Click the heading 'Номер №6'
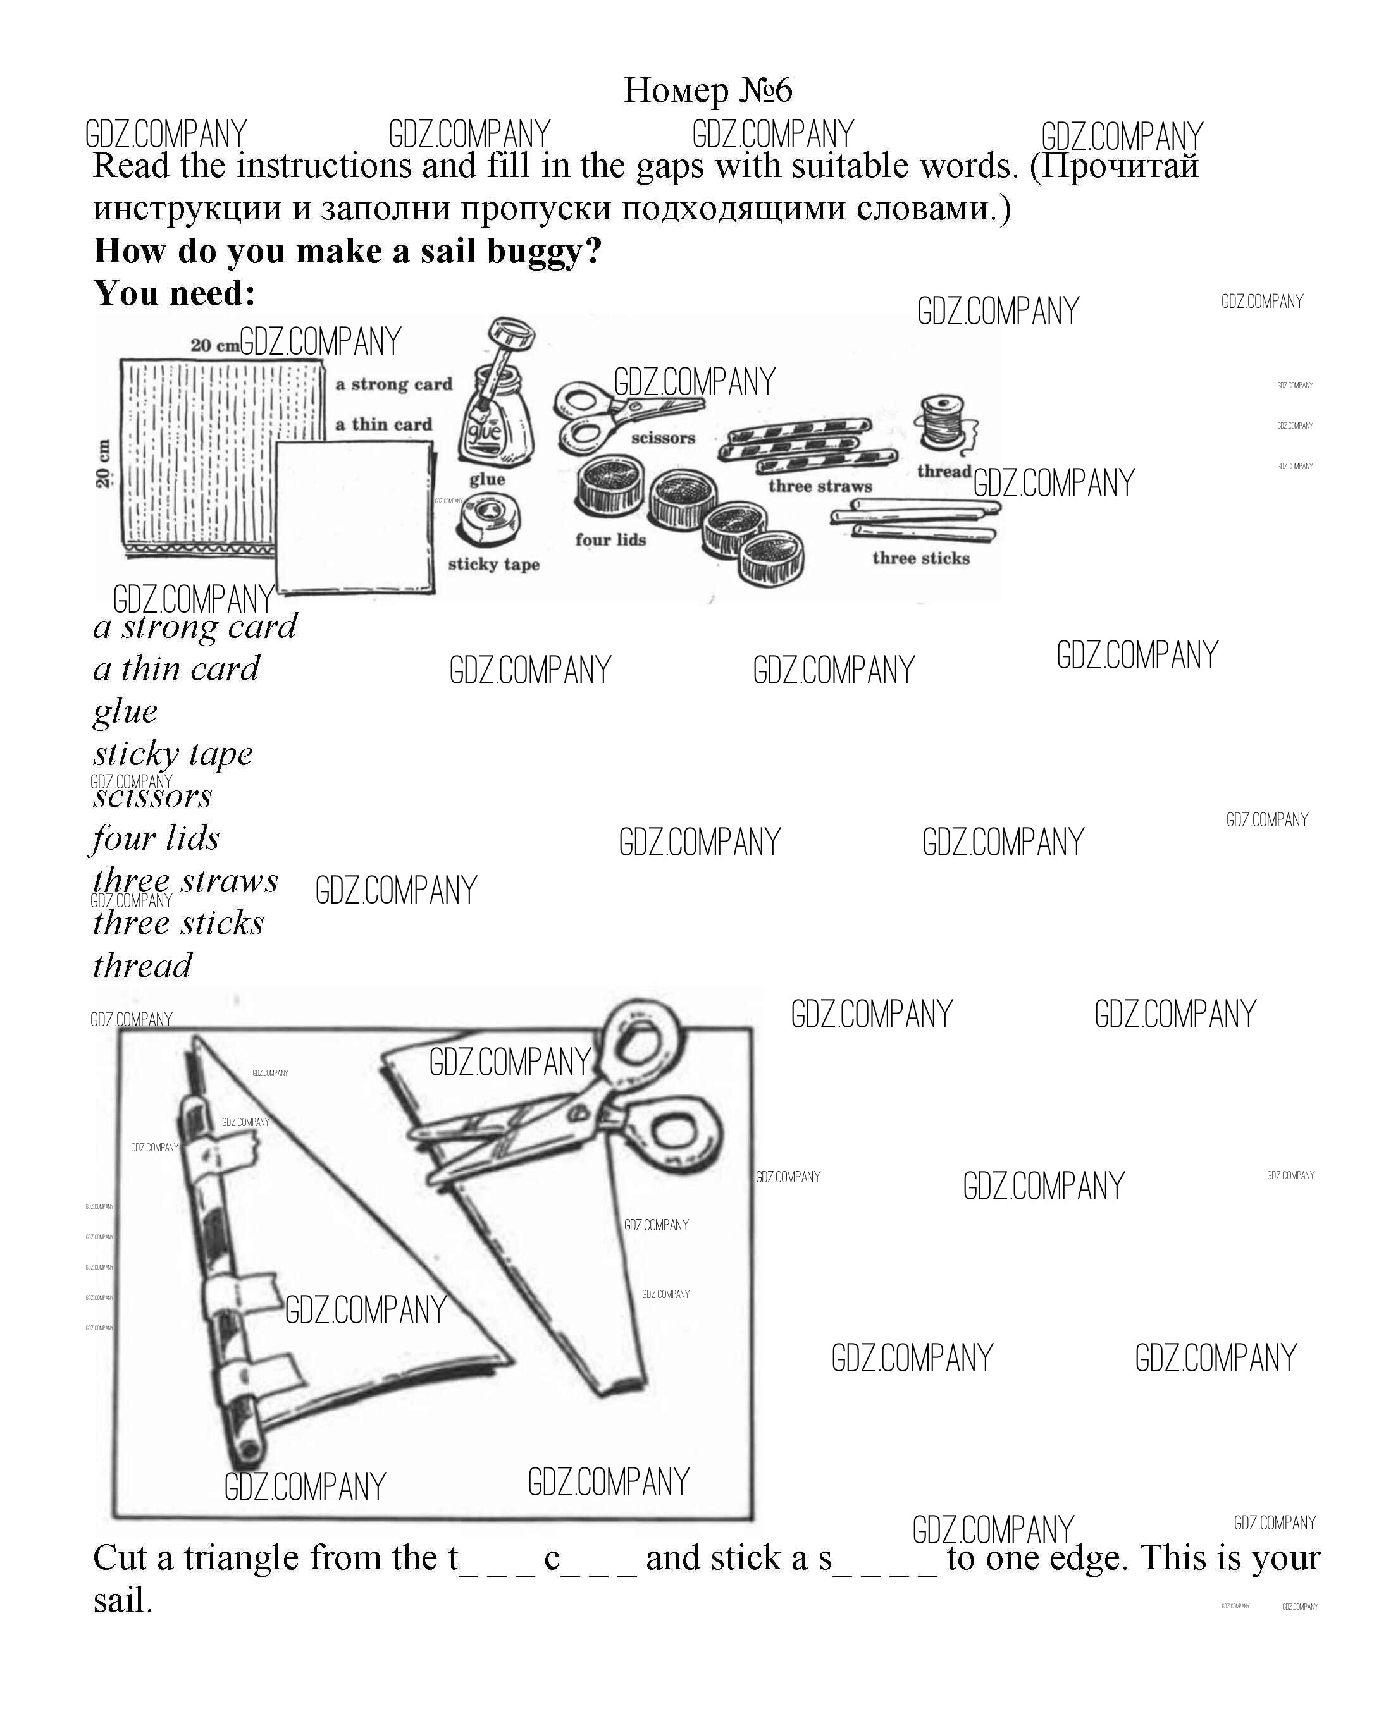[708, 90]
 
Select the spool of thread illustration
[941, 421]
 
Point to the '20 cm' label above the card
[214, 345]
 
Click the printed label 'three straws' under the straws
[820, 486]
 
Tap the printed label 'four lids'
[610, 539]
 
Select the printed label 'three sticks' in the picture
[920, 558]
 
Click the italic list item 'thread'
[142, 965]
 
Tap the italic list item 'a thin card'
[176, 669]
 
